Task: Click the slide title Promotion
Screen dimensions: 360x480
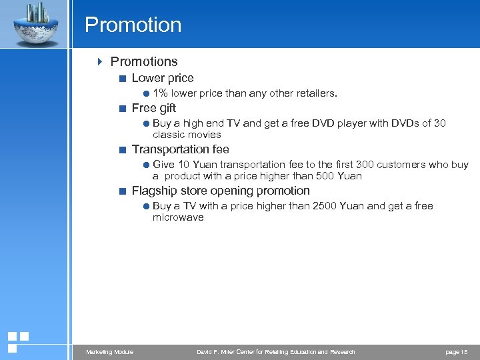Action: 133,25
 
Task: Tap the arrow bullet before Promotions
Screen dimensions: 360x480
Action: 100,62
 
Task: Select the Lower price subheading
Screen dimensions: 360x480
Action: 163,78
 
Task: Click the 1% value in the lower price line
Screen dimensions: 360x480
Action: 160,94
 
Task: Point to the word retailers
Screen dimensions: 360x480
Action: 315,94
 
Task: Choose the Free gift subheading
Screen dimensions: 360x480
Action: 154,108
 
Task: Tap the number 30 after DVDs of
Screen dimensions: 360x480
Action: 439,123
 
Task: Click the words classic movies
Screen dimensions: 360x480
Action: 187,135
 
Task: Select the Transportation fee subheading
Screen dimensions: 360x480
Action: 180,149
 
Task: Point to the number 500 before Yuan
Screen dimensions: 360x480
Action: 325,176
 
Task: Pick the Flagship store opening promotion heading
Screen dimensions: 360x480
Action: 221,191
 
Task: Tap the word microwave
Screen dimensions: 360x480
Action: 178,217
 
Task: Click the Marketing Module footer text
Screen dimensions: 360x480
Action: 109,352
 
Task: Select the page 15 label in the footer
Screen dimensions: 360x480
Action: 456,352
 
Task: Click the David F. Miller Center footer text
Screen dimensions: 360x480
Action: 276,352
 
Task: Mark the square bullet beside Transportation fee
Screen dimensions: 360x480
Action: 122,150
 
